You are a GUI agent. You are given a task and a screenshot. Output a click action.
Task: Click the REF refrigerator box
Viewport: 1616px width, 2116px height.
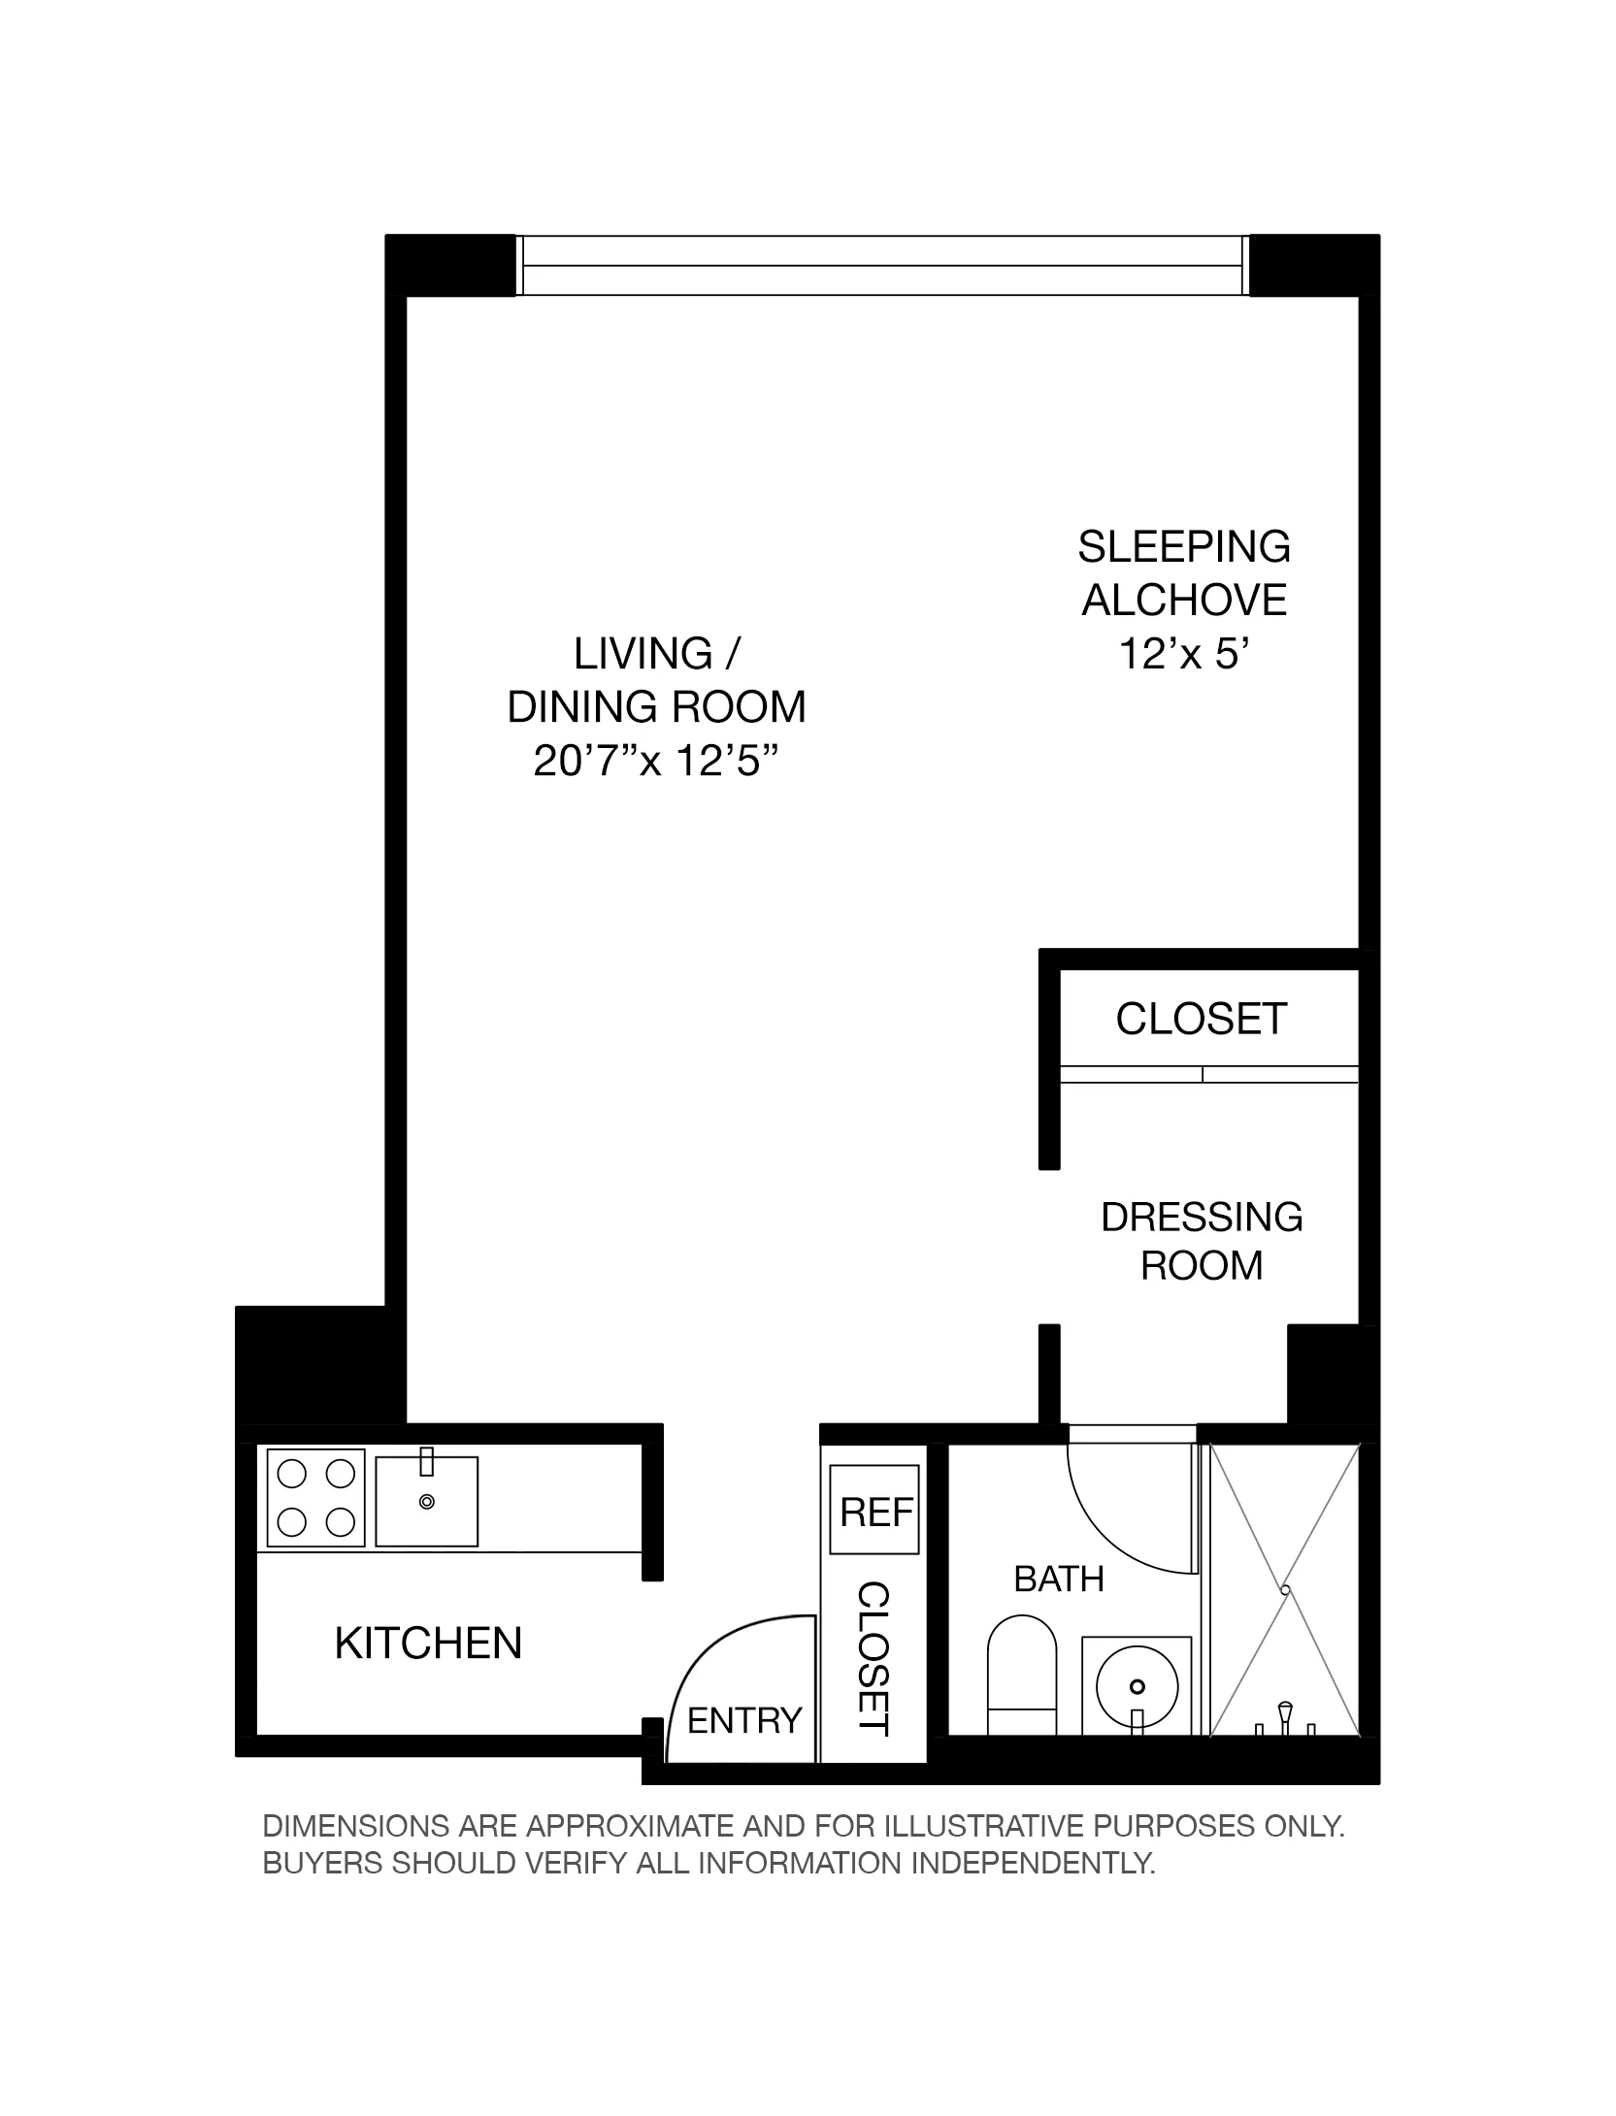click(x=874, y=1512)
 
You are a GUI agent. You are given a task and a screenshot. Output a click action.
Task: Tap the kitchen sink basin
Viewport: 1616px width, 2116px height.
click(x=426, y=1501)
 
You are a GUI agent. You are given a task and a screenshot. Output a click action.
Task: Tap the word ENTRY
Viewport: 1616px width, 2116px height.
click(x=744, y=1720)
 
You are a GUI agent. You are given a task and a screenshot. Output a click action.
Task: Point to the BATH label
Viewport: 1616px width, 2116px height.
click(x=1058, y=1579)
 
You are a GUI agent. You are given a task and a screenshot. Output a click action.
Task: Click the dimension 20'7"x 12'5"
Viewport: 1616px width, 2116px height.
click(x=657, y=761)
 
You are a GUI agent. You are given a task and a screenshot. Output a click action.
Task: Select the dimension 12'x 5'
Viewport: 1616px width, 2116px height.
click(x=1182, y=654)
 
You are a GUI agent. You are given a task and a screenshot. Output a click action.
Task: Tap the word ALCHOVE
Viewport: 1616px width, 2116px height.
click(x=1183, y=601)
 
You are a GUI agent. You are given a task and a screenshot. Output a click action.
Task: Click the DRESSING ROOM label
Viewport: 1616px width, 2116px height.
click(x=1201, y=1241)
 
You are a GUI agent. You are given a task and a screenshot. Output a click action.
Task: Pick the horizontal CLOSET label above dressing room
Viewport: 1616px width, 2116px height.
click(x=1201, y=1019)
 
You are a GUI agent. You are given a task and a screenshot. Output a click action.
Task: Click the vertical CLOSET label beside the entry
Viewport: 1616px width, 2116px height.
click(x=874, y=1659)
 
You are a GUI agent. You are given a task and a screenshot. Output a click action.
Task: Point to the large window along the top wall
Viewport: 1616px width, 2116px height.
click(x=881, y=265)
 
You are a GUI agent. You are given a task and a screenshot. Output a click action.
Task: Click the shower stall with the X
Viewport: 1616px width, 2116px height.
click(x=1283, y=1591)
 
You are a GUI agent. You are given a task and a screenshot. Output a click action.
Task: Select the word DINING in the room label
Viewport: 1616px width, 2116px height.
click(x=576, y=707)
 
